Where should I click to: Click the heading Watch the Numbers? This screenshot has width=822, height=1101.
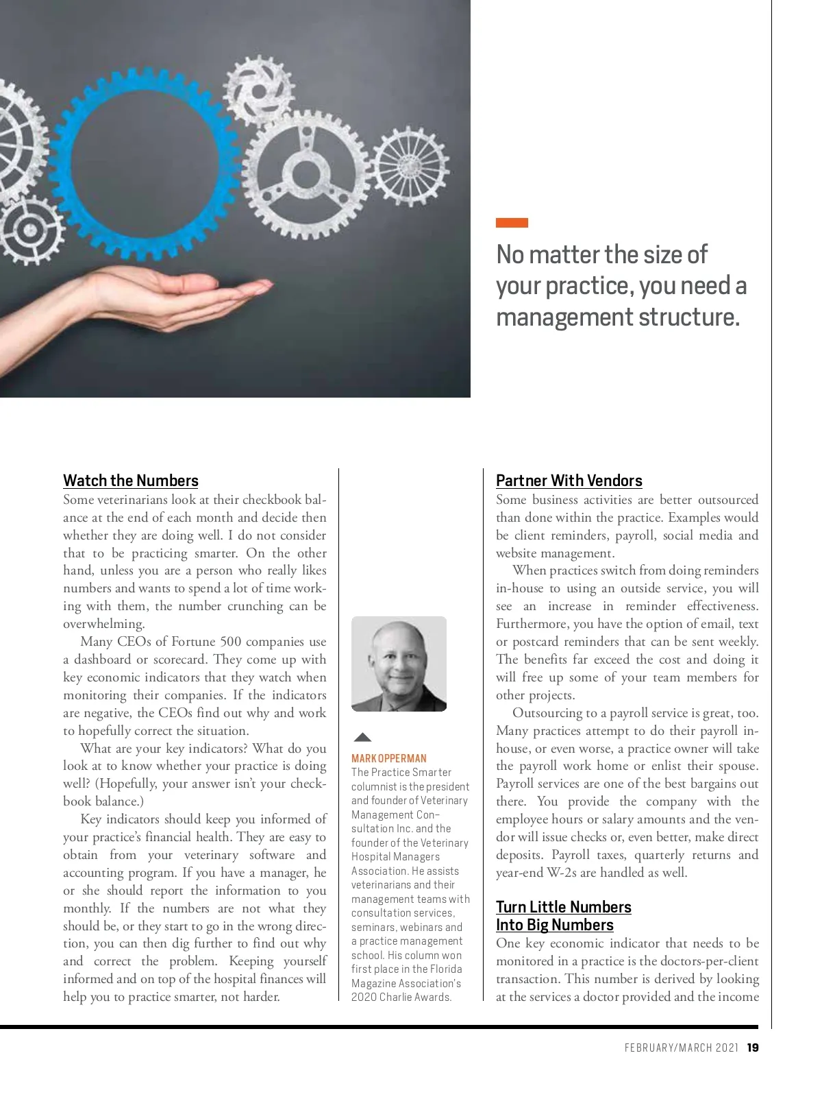131,481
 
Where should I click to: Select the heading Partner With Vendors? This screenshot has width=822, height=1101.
569,481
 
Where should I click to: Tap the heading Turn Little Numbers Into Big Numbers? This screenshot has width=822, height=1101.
563,916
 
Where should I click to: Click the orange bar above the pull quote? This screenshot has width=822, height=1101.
512,223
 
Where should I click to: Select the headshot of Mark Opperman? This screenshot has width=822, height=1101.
399,664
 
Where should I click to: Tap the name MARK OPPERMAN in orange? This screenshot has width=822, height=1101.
388,758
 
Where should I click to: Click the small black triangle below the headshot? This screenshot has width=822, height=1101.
362,738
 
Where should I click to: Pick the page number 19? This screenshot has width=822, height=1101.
753,1048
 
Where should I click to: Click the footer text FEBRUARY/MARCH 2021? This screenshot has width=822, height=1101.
681,1048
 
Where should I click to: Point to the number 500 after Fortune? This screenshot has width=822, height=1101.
230,642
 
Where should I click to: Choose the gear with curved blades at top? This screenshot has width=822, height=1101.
260,89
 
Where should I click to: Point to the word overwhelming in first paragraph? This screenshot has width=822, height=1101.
103,624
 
